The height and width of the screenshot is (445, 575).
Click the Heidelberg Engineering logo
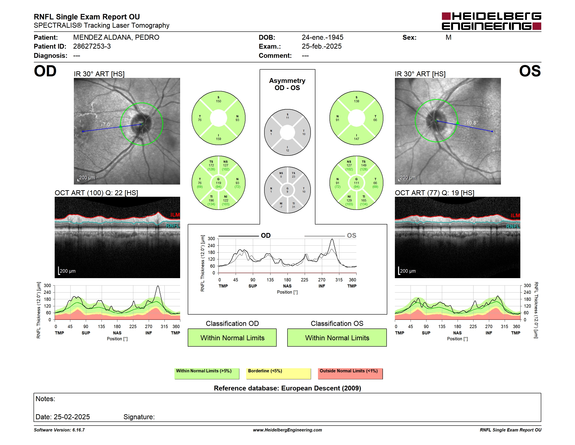point(491,21)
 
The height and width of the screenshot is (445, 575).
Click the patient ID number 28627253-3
point(92,46)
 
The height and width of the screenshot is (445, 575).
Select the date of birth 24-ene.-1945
point(323,38)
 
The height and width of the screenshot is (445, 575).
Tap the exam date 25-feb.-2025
point(321,46)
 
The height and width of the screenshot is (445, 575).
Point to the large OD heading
point(45,71)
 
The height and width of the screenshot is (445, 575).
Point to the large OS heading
point(530,71)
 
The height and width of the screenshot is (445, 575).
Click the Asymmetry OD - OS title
point(287,84)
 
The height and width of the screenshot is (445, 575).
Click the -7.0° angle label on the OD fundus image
point(106,124)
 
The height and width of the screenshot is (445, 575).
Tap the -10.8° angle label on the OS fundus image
point(471,123)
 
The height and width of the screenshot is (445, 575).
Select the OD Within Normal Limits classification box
point(232,338)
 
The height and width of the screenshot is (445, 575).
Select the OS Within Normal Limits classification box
point(337,338)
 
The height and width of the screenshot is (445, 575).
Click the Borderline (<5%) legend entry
point(279,373)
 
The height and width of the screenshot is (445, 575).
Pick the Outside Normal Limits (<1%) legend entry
point(350,373)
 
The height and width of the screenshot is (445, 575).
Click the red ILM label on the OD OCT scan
point(175,215)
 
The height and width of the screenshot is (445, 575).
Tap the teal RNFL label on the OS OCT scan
point(513,226)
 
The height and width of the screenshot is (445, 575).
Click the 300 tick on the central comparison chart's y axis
point(211,239)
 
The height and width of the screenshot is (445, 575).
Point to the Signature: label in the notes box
point(139,417)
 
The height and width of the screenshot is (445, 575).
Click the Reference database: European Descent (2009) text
point(287,388)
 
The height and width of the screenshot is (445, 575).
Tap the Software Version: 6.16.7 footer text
point(59,430)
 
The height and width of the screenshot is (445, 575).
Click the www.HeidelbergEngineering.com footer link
point(287,430)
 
